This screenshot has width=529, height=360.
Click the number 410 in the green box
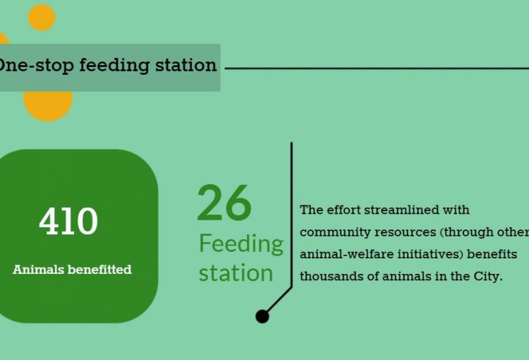(68, 221)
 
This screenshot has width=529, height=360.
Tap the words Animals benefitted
(72, 270)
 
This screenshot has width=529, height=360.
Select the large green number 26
(224, 203)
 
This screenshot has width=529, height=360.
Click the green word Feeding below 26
(241, 244)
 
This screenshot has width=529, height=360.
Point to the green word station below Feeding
(236, 273)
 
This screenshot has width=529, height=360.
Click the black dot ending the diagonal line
(262, 316)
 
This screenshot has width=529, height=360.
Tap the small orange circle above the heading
(42, 18)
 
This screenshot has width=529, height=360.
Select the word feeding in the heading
(114, 66)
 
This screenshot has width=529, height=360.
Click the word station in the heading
(186, 64)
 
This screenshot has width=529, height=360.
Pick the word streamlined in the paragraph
(401, 210)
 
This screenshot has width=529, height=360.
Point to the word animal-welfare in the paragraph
(346, 254)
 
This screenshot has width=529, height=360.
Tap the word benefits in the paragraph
(492, 254)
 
